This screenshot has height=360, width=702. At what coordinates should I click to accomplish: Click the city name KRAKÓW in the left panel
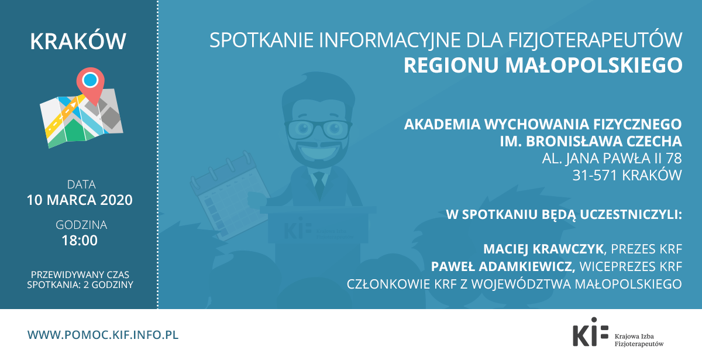point(78,41)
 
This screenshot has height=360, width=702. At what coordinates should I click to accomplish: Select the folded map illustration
point(81,119)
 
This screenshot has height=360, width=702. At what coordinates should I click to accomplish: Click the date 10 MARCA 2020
point(80,200)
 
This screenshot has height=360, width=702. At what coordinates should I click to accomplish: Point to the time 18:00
point(80,241)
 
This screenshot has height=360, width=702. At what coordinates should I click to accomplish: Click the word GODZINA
point(81,225)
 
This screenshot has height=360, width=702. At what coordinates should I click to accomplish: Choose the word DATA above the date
point(81,184)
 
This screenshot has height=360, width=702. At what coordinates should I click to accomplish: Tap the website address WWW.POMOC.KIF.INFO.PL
point(103,335)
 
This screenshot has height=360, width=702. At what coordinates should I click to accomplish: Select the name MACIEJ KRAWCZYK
point(543,249)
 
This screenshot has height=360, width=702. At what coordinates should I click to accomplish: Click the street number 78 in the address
point(673,159)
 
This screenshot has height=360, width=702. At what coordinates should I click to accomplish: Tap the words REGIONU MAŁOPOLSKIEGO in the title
point(543,65)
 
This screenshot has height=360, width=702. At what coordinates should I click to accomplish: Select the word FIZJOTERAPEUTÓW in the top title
point(595,40)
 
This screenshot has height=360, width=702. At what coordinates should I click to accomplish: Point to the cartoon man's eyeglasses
point(318,129)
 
